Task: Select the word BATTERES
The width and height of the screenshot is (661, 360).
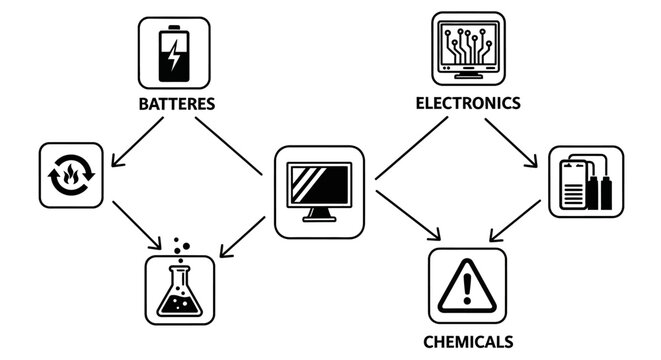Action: [x=175, y=103]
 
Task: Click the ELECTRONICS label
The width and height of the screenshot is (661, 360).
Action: [x=467, y=102]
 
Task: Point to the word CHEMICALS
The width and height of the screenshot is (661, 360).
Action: [x=467, y=341]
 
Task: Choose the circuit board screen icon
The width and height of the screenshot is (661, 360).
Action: [x=467, y=48]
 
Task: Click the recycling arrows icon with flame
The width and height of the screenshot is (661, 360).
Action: [x=71, y=176]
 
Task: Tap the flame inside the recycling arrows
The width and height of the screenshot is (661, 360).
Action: [x=71, y=177]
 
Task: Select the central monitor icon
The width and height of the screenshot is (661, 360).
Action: [x=320, y=193]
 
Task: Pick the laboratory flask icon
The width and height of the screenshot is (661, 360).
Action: [x=180, y=288]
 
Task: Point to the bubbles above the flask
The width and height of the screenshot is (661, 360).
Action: [x=180, y=245]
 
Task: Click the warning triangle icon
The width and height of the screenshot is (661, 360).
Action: [x=467, y=286]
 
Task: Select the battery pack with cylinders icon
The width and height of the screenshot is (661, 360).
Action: [x=586, y=182]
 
